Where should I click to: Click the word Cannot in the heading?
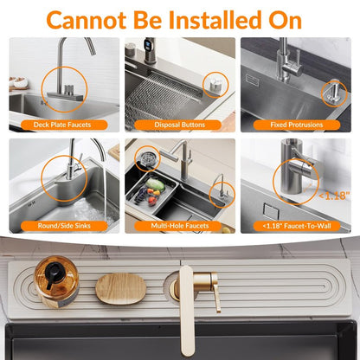[87, 20]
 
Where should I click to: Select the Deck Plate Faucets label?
[62, 125]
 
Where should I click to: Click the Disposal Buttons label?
[180, 125]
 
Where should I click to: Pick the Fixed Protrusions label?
[297, 125]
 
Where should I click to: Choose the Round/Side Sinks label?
[64, 226]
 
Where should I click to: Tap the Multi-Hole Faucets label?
[180, 226]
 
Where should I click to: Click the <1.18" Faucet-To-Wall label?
[297, 226]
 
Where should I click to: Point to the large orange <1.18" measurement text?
[334, 196]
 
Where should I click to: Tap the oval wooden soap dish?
[121, 289]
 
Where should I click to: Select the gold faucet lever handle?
[215, 292]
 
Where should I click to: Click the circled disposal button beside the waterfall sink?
[215, 85]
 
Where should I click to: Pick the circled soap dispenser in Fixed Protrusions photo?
[334, 92]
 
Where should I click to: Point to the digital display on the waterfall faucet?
[148, 45]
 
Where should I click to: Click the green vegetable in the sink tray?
[155, 184]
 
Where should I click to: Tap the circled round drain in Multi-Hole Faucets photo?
[147, 157]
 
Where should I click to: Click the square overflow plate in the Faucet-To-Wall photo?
[271, 211]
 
